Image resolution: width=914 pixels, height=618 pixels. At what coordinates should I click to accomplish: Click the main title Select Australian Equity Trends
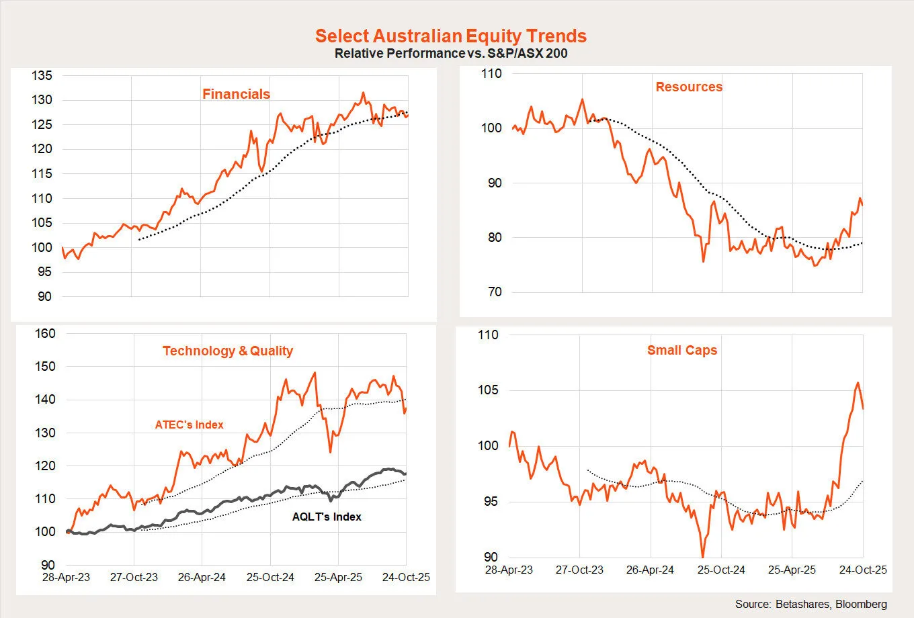tap(451, 36)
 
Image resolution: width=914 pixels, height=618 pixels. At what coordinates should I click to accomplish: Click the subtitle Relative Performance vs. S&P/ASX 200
tap(451, 53)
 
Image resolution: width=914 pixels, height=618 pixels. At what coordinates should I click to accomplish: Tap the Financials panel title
tap(236, 94)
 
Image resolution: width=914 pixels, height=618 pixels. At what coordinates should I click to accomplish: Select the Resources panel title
tap(689, 87)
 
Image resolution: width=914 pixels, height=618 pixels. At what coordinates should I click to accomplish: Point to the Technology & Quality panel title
tap(228, 351)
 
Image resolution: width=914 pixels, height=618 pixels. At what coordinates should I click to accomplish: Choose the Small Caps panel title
tap(682, 350)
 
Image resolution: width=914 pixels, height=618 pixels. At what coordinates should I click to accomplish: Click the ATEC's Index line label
tap(189, 425)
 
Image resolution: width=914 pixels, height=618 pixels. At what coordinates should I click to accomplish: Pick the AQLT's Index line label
tap(327, 517)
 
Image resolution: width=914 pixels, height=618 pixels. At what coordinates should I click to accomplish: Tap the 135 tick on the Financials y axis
tap(42, 76)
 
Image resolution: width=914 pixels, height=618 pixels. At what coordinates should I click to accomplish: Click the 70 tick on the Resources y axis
tap(495, 292)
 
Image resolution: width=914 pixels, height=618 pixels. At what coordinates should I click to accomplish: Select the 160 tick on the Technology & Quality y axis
tap(45, 334)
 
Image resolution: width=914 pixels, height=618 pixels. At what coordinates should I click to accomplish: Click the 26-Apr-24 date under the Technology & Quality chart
tap(202, 577)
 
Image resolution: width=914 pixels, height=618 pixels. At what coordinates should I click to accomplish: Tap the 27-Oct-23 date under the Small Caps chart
tap(579, 570)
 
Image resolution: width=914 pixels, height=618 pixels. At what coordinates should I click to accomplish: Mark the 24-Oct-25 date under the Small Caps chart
tap(863, 570)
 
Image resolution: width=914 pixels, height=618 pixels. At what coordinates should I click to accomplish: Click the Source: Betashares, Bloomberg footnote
tap(811, 604)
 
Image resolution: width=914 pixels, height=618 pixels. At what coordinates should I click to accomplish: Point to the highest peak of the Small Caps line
tap(858, 383)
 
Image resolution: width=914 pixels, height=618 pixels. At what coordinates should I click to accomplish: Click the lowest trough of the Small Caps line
tap(703, 557)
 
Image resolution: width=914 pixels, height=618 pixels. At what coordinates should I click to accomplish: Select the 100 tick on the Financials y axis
tap(42, 247)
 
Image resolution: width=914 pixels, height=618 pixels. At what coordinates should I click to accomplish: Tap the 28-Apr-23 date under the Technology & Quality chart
tap(66, 577)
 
